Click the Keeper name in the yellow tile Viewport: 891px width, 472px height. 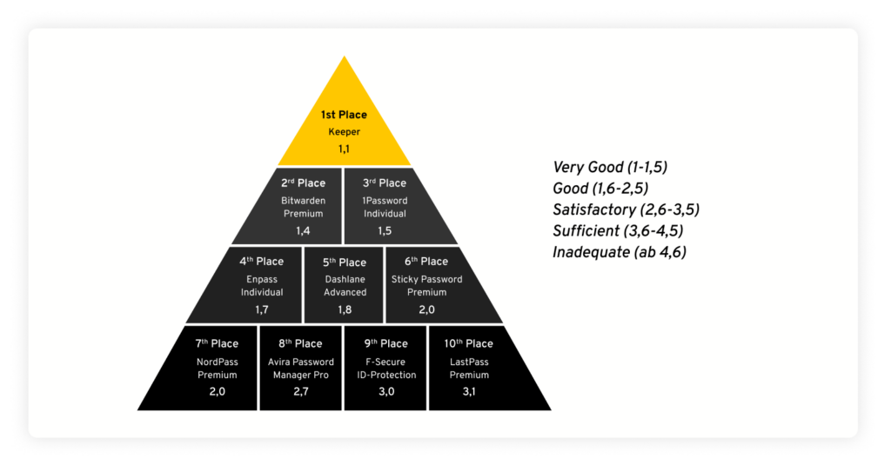[x=344, y=132]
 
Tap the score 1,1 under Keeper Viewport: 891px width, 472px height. [x=344, y=150]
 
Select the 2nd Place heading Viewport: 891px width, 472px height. [x=303, y=183]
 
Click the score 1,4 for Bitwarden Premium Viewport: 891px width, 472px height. [x=303, y=230]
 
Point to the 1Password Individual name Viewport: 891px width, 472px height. [x=385, y=207]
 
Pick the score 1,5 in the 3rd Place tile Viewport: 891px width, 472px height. [x=385, y=230]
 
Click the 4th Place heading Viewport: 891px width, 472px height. [x=262, y=262]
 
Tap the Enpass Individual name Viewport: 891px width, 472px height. [x=262, y=286]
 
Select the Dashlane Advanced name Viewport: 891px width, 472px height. [x=345, y=286]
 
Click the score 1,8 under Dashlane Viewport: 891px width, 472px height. [x=345, y=309]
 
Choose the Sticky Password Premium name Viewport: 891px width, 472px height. [x=426, y=286]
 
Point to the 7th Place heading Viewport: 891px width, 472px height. [x=218, y=344]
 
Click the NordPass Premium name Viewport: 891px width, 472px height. [x=218, y=369]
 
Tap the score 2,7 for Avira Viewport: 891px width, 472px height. [x=301, y=392]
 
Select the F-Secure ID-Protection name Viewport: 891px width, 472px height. [x=385, y=369]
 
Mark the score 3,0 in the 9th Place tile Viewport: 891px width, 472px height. [x=385, y=392]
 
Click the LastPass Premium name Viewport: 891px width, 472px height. [x=469, y=369]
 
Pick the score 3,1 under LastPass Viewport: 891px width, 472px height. [x=469, y=392]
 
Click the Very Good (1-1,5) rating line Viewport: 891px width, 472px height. [x=610, y=168]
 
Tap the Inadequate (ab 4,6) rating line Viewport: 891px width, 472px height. [x=616, y=252]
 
